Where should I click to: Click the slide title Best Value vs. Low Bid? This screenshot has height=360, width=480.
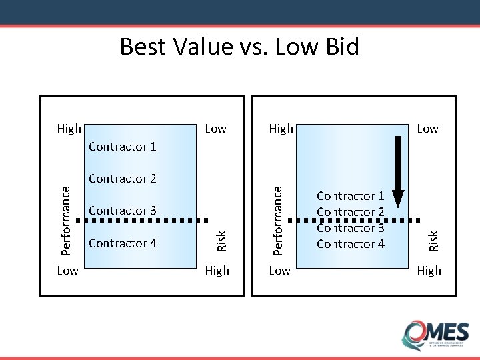coord(239,47)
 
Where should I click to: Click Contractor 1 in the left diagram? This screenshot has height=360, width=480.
coord(122,146)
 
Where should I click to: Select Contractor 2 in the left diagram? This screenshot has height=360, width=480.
coord(122,179)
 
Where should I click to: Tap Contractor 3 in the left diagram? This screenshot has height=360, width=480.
coord(122,211)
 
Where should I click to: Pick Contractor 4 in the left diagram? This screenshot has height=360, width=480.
coord(122,243)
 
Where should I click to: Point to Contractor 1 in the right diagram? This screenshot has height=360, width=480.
coord(351,196)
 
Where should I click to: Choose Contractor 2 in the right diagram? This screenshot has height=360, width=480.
coord(351,212)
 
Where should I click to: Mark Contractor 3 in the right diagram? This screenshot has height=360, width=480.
coord(351,228)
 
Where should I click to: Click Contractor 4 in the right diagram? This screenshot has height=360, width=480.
coord(351,244)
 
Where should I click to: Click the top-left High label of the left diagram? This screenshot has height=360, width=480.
coord(69,129)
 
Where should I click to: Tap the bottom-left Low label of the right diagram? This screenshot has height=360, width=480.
coord(279,271)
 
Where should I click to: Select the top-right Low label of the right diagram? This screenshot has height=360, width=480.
coord(427,129)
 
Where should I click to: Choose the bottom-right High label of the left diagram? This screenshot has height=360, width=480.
coord(217,271)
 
